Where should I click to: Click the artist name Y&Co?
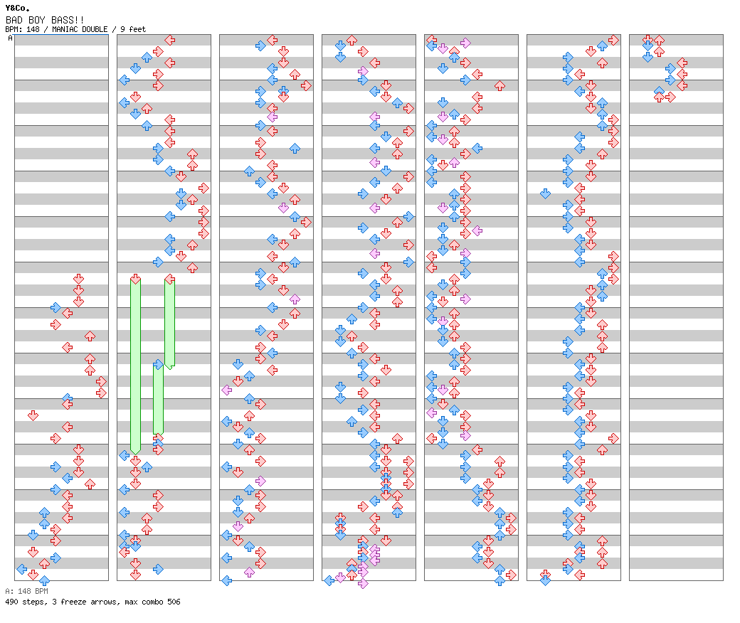point(18,8)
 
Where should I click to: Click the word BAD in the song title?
point(14,20)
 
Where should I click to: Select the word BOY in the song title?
point(37,20)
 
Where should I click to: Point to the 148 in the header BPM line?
point(33,29)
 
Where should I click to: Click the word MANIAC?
point(65,29)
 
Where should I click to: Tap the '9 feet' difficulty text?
point(133,29)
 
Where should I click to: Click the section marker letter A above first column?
point(11,38)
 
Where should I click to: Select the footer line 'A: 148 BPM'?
point(27,591)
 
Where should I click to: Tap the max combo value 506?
point(174,602)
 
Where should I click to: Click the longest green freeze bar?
point(135,366)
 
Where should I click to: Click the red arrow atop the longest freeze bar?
point(135,279)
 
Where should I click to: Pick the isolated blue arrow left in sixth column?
point(546,193)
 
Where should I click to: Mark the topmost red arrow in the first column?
point(79,279)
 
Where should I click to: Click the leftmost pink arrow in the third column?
point(227,390)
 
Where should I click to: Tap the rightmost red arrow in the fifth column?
point(511,575)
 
